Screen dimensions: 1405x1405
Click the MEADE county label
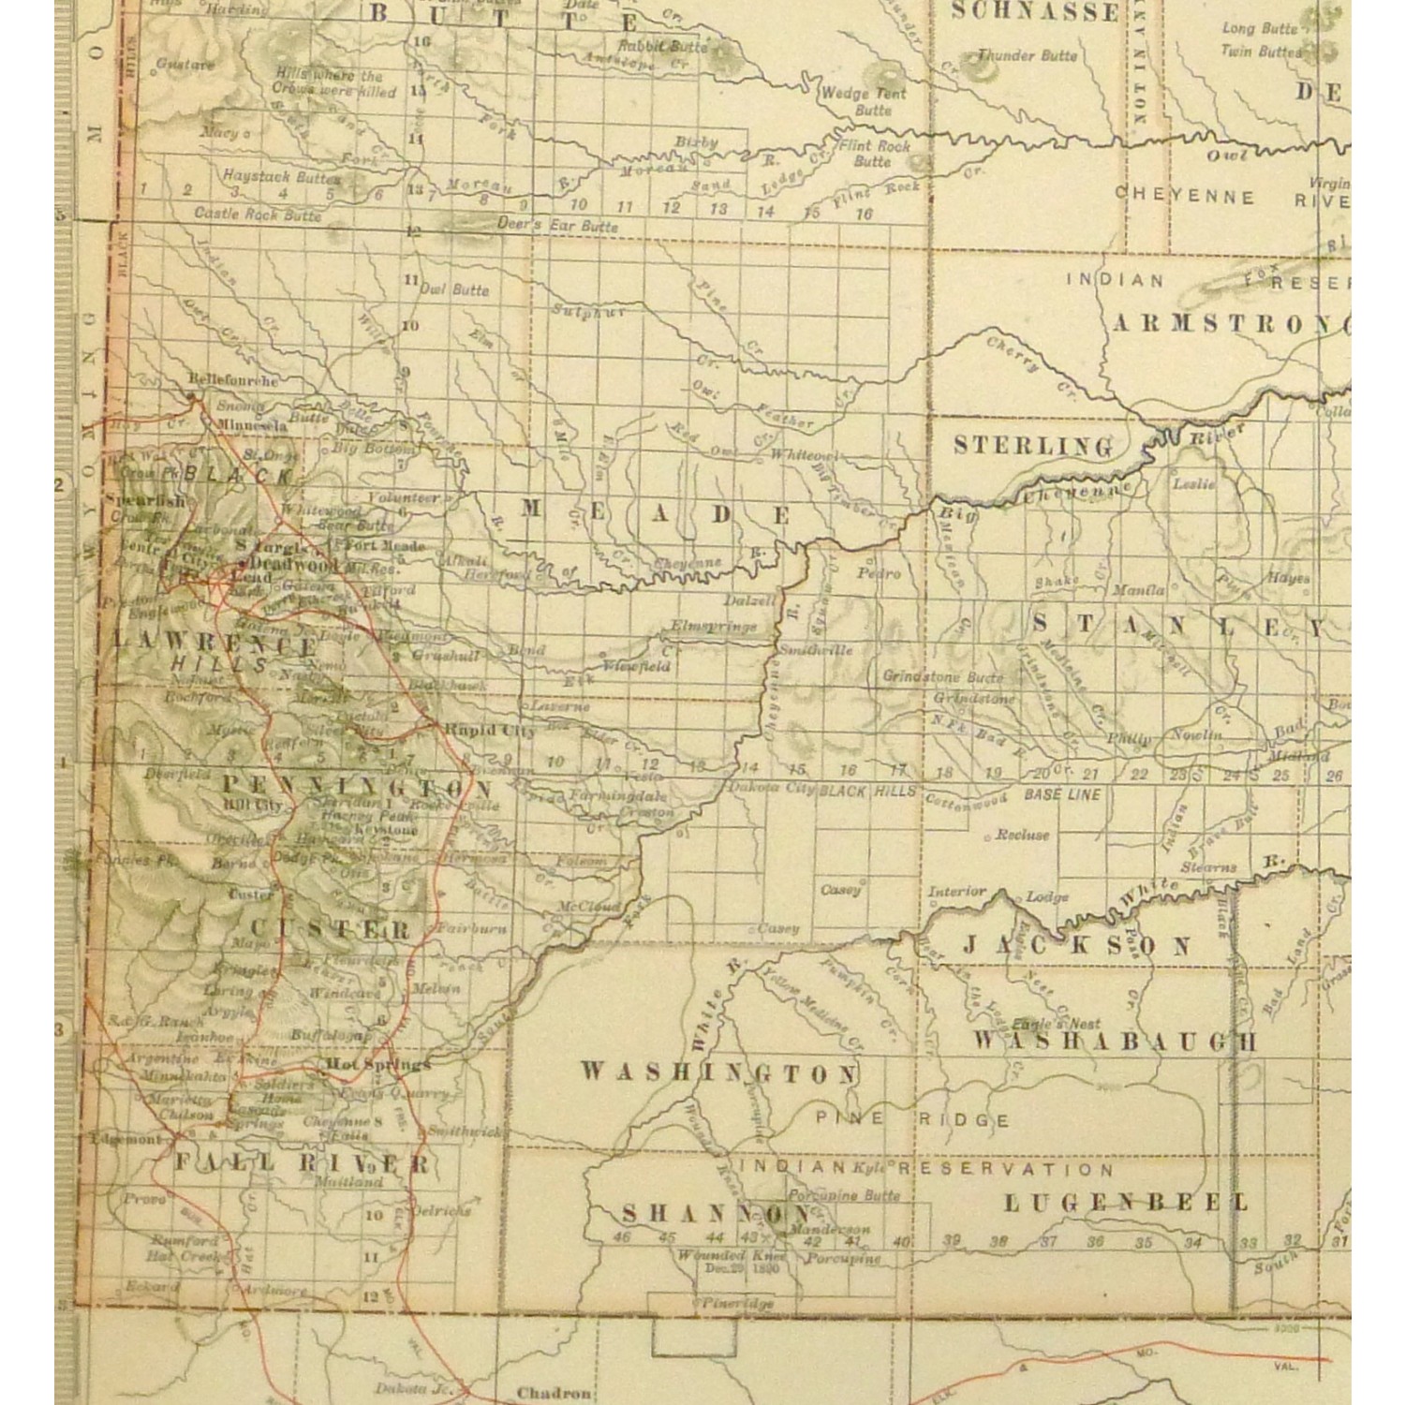click(x=656, y=513)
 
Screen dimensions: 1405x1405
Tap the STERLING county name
click(x=1034, y=445)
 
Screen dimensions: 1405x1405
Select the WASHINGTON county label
click(x=718, y=1072)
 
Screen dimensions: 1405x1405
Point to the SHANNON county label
click(x=717, y=1214)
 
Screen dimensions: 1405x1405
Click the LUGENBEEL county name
click(x=1126, y=1203)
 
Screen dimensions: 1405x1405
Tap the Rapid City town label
click(x=503, y=731)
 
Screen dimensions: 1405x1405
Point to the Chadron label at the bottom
click(x=554, y=1393)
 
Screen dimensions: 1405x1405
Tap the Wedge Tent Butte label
click(x=863, y=101)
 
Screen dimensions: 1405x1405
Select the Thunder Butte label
click(x=1028, y=55)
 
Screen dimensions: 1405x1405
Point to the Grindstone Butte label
click(x=942, y=676)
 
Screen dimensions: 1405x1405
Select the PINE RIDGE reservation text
click(x=912, y=1119)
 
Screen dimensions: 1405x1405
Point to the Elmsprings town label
click(x=713, y=626)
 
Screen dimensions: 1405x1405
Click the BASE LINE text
click(x=1062, y=794)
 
